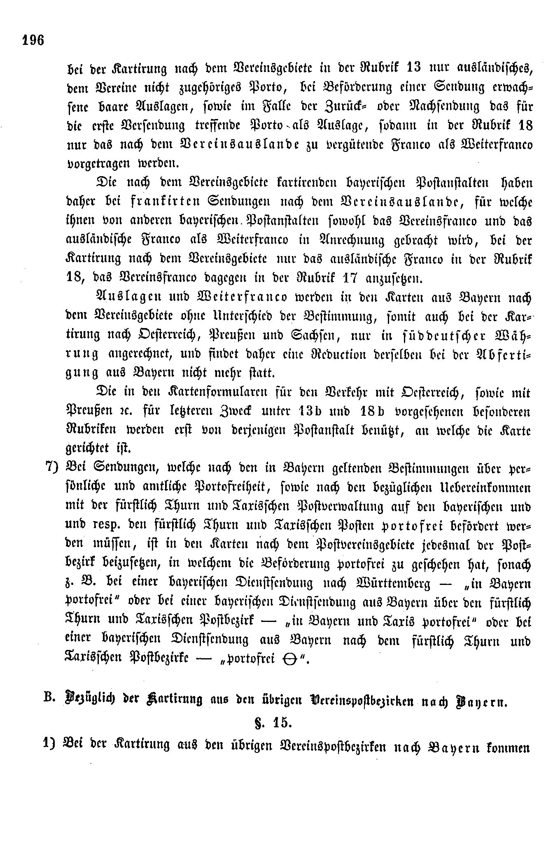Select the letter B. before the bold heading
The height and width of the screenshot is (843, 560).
tap(50, 700)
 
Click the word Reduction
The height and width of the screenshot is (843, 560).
tap(363, 355)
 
